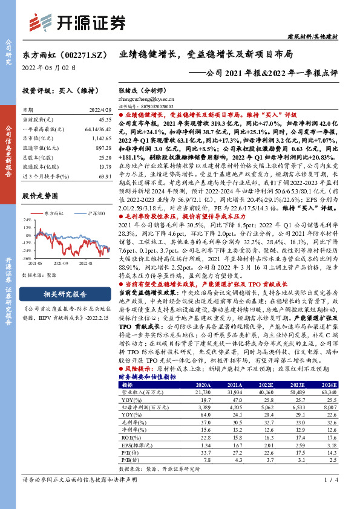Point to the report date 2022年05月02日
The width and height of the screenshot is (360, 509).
coord(49,68)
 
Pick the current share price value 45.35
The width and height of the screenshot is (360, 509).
coord(98,120)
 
